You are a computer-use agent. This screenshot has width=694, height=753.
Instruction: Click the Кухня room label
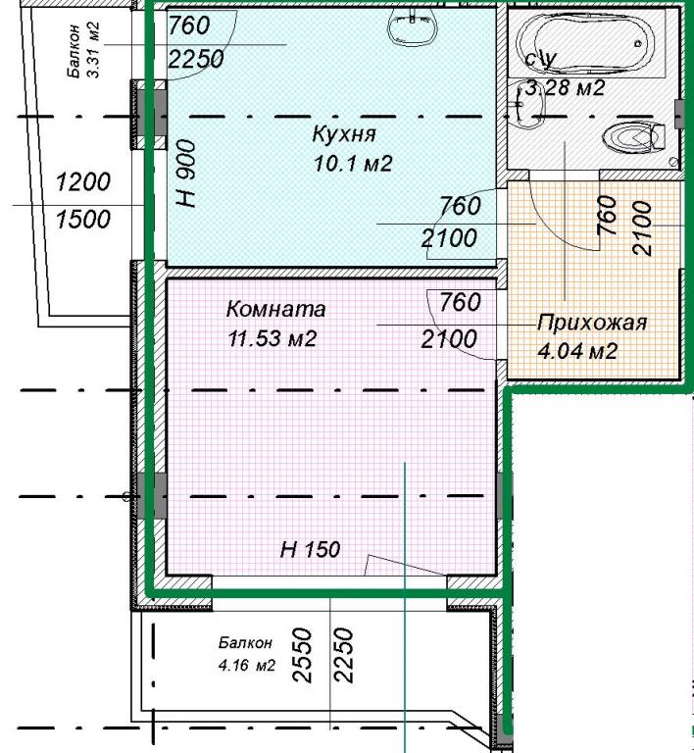[344, 134]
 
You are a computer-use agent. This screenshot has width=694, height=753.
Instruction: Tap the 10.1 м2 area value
[353, 164]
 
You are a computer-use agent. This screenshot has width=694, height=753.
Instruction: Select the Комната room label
[275, 309]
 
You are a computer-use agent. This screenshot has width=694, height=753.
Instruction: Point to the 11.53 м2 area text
[272, 338]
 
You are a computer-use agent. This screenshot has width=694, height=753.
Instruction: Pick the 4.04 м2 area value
[577, 352]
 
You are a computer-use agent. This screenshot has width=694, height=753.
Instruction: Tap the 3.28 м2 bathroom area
[565, 88]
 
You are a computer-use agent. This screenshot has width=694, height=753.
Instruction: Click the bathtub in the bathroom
[586, 43]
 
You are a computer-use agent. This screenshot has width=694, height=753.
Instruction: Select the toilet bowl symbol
[633, 138]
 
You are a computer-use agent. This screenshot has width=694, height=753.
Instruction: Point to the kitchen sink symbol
[413, 27]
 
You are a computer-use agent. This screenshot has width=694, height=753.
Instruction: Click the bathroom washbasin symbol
[526, 105]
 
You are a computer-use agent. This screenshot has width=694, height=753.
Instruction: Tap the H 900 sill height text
[185, 174]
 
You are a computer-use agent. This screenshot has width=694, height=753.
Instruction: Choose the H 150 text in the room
[310, 549]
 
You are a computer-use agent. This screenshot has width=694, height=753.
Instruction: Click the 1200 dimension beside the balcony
[83, 182]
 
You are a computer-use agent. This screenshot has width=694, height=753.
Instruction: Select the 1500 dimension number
[83, 220]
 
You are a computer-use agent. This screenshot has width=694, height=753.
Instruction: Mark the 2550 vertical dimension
[303, 655]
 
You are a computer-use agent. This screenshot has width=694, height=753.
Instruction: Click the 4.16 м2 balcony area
[247, 666]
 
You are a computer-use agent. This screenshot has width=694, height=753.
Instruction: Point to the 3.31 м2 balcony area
[94, 49]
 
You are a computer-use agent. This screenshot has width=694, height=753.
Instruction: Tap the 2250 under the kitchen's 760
[196, 59]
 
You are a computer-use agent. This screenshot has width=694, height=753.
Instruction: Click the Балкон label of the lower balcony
[245, 643]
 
